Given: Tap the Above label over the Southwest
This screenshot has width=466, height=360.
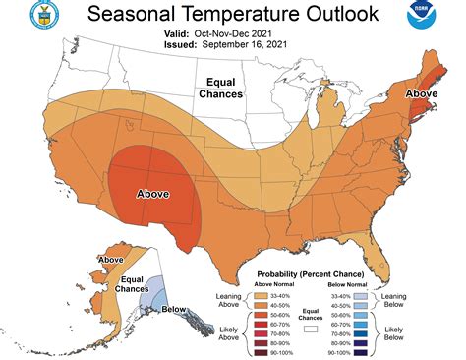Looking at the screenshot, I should coord(154,193).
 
